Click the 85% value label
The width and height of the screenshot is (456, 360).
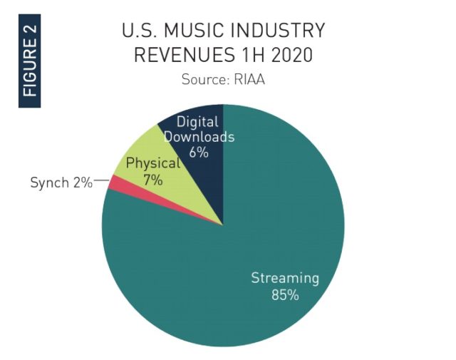[x=284, y=294]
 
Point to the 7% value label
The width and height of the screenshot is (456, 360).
[x=152, y=180]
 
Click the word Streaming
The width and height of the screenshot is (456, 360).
[x=285, y=278]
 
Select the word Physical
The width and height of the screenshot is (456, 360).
[x=152, y=165]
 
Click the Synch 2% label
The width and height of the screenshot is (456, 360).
[x=61, y=183]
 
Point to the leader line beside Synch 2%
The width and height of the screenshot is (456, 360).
[x=101, y=182]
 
